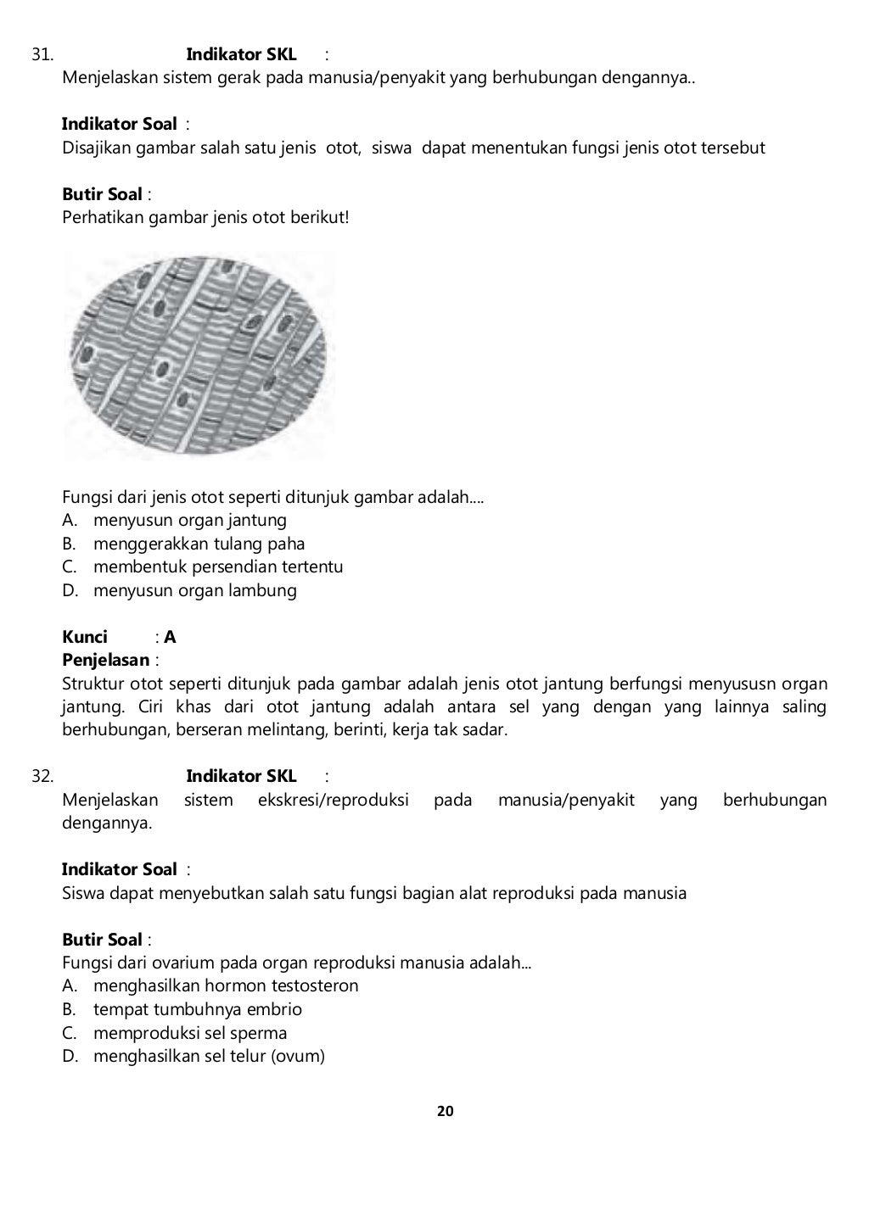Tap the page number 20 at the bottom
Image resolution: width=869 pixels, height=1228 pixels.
coord(446,1111)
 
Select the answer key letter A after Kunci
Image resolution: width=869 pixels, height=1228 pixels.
coord(171,637)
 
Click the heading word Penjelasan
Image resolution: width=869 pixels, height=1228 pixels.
coord(105,660)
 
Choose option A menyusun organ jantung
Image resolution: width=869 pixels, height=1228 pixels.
coord(189,520)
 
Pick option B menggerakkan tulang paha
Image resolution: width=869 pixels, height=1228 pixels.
coord(199,544)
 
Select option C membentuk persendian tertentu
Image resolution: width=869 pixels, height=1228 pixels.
coord(217,567)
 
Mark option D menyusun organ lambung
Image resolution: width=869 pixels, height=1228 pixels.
coord(194,590)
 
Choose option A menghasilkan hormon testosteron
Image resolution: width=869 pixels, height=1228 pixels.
coord(225,985)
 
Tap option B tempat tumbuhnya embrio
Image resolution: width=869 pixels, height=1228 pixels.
coord(197,1009)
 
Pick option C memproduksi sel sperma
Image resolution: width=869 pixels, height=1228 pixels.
coord(189,1033)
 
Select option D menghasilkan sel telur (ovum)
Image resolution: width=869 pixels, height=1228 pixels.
coord(209,1056)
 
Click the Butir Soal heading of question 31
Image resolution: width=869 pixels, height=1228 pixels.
coord(102,194)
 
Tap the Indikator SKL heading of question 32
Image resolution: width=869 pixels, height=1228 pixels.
coord(241,776)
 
